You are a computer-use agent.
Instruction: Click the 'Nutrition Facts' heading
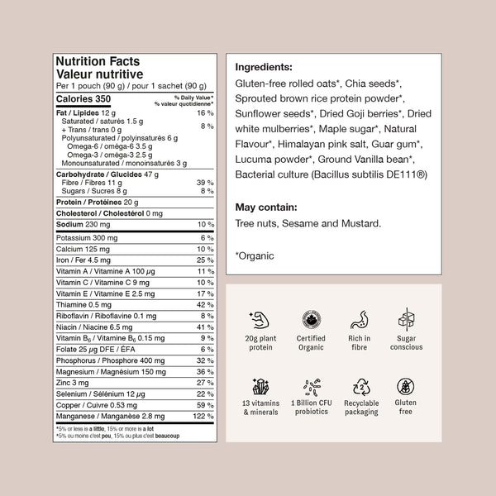97,61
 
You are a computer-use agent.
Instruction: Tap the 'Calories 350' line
83,99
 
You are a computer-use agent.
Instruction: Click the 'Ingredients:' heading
263,67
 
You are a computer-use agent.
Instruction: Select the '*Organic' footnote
255,256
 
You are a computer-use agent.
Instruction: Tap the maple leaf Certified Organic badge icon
311,318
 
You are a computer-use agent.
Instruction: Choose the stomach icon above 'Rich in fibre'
358,318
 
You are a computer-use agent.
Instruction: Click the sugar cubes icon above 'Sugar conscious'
405,318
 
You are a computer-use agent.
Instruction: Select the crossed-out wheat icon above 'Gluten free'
405,387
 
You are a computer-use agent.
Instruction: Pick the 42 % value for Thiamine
206,304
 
